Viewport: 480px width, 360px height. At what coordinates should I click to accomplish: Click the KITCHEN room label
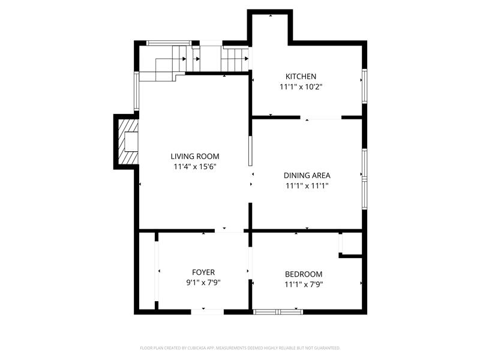tap(301, 76)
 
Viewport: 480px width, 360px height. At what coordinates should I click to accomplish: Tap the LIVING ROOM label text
tap(195, 157)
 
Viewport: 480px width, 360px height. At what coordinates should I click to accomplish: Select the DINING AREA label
tap(307, 175)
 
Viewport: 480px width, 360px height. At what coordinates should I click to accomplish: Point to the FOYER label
tap(203, 272)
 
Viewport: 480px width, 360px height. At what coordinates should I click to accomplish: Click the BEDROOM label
tap(304, 274)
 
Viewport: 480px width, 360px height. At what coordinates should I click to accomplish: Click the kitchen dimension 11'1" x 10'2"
tap(301, 87)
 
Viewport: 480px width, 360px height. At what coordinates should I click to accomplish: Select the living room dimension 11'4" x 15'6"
tap(195, 167)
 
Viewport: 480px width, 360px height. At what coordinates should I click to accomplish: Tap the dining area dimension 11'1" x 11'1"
tap(307, 186)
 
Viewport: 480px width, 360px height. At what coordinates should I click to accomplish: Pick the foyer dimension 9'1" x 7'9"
tap(203, 283)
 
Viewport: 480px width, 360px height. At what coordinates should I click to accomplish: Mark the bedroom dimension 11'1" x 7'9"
tap(304, 284)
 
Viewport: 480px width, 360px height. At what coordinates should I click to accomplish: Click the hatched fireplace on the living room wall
tap(128, 142)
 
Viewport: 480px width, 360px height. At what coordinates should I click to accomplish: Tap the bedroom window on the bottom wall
tap(278, 312)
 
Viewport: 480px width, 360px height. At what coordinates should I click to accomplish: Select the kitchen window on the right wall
tap(364, 86)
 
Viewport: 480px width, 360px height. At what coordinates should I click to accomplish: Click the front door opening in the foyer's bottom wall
tap(208, 312)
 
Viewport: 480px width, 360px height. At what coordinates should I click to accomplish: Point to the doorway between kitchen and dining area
tap(320, 118)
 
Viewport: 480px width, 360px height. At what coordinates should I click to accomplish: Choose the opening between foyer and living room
tap(229, 230)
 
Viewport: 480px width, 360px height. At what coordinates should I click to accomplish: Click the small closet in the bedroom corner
tap(351, 244)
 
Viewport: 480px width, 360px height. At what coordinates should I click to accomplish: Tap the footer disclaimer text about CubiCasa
tap(240, 348)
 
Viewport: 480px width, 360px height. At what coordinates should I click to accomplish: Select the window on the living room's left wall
tap(137, 91)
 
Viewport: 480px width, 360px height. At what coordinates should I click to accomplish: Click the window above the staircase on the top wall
tap(169, 43)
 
